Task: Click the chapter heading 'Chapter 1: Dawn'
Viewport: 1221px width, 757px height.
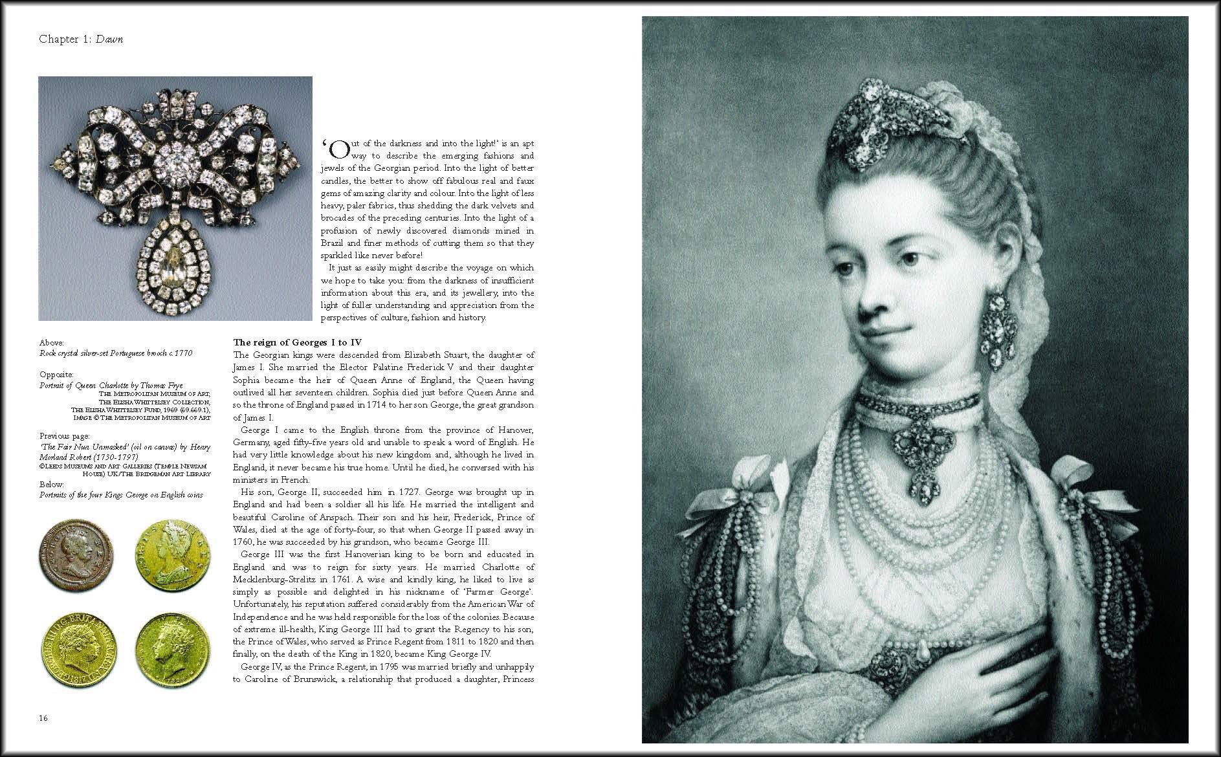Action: [x=81, y=39]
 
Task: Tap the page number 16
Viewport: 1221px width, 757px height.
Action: [x=43, y=718]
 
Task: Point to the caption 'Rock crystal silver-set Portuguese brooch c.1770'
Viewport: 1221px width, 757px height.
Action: [x=116, y=353]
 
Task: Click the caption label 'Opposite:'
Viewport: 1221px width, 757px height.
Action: [x=56, y=375]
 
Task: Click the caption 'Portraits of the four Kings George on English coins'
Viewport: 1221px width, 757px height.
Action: [x=121, y=495]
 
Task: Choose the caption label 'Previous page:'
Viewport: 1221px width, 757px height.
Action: [x=64, y=435]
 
